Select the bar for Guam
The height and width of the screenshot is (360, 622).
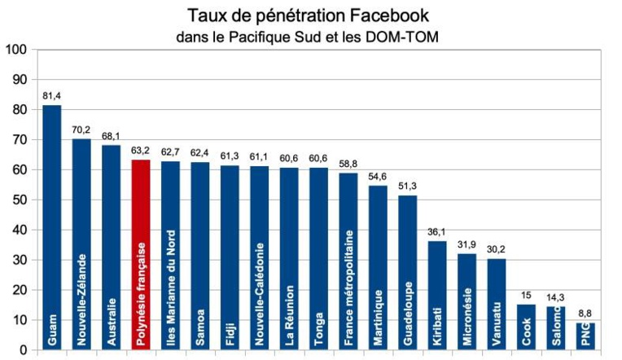(x=52, y=228)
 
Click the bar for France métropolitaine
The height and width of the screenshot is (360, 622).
(x=348, y=261)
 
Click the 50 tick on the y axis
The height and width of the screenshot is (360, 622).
(x=19, y=200)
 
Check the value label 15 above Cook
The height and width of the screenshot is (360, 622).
(x=526, y=296)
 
